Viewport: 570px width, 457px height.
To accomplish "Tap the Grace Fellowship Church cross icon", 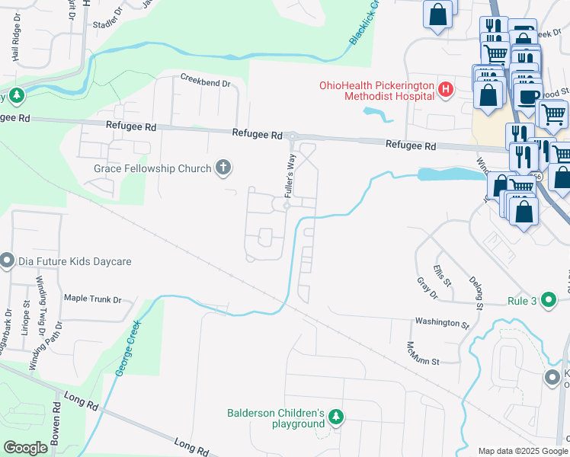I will click(223, 168).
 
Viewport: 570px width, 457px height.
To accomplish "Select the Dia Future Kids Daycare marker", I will click(8, 261).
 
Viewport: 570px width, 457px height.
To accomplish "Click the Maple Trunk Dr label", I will click(92, 299).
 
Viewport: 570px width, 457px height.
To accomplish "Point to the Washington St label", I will click(441, 323).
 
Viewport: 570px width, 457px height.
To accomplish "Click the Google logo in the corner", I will click(26, 448).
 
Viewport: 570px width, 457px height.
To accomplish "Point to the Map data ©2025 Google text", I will click(522, 451).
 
